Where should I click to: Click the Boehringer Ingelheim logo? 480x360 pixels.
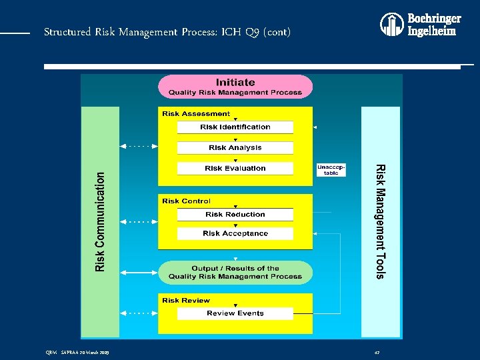pos(420,25)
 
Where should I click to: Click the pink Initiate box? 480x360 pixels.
pos(235,87)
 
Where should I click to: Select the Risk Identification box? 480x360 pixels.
pos(235,127)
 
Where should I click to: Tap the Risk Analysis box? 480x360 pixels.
pos(235,147)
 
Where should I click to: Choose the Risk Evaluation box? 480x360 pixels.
pos(235,168)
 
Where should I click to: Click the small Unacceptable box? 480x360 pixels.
pos(331,169)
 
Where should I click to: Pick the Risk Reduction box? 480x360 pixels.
pos(235,214)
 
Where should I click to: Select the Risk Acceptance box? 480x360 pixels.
pos(235,233)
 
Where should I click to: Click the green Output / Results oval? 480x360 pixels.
pos(235,272)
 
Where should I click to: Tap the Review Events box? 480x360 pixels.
pos(235,313)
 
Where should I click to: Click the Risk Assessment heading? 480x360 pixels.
pos(195,113)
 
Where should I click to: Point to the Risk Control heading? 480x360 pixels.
pos(186,201)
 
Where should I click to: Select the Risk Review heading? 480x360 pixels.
pos(185,300)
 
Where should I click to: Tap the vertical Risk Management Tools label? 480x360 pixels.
pos(380,221)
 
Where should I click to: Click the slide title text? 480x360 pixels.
pos(167,31)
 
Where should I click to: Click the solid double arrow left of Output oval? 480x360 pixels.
pos(138,272)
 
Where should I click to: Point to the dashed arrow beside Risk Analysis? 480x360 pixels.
pos(138,145)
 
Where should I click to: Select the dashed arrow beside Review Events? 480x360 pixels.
pos(138,313)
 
